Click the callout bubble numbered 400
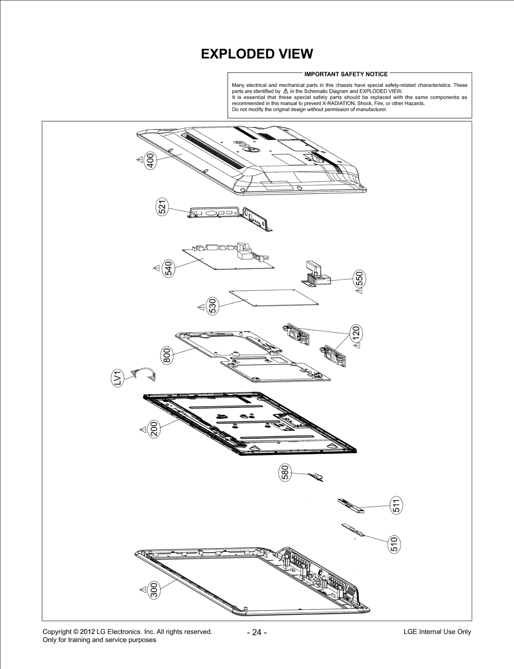151,160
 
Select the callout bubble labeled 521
162,207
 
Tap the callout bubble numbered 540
169,268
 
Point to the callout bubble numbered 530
212,306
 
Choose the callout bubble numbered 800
166,355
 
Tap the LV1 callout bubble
118,378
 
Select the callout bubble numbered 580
285,472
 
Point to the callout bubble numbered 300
154,589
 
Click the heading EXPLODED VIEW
257,54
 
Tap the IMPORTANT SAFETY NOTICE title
346,74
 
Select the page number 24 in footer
257,632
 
